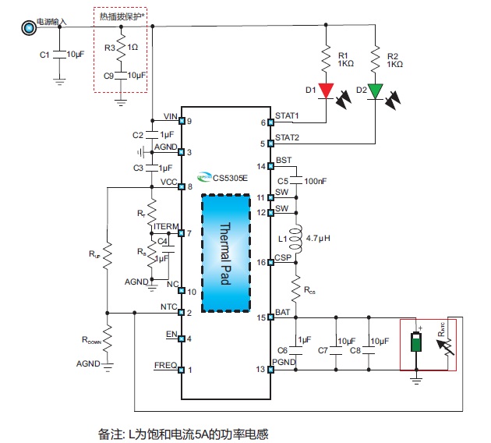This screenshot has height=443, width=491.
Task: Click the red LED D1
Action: coord(326,91)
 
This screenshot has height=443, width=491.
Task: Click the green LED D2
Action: coord(375,91)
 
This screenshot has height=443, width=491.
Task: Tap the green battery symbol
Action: coord(416,343)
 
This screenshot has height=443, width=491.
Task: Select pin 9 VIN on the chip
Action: coord(182,121)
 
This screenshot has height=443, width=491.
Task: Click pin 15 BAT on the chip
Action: coord(270,317)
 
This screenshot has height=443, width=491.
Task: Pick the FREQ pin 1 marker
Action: coord(182,370)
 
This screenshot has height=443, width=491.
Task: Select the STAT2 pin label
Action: coord(288,138)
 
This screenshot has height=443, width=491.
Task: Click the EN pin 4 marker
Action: coord(182,338)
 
